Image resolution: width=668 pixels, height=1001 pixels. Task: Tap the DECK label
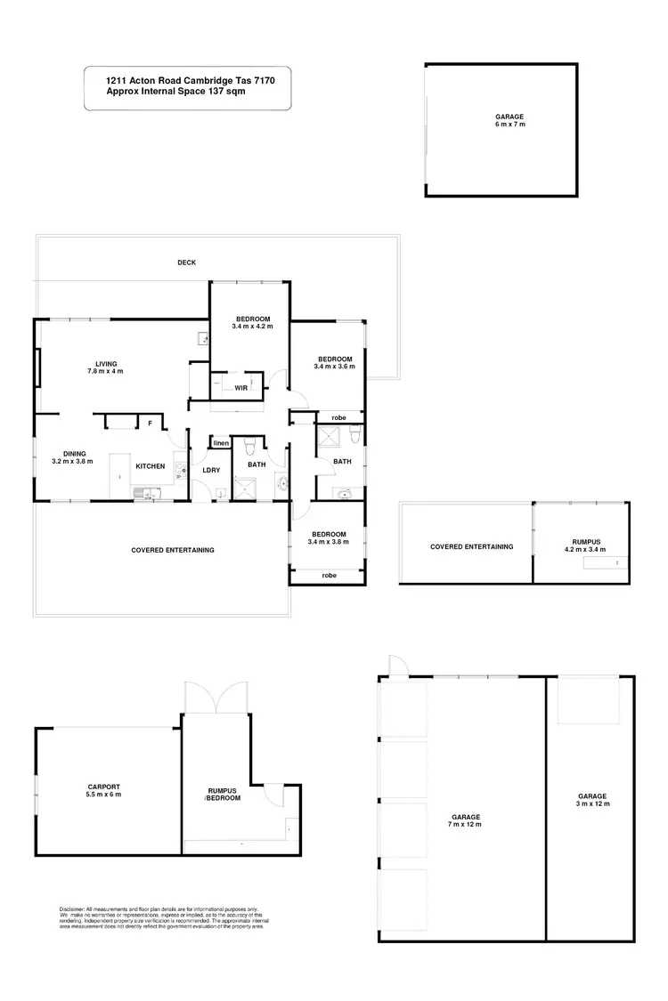pos(186,262)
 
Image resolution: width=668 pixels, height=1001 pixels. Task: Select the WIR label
pos(240,388)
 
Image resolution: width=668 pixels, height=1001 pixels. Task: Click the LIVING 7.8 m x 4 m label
pos(107,367)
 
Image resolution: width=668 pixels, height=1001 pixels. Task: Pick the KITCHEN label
pos(150,466)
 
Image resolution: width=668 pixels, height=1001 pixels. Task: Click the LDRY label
pos(211,470)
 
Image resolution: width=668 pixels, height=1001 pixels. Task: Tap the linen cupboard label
pos(221,443)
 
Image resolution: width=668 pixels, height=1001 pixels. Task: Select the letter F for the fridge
pos(151,424)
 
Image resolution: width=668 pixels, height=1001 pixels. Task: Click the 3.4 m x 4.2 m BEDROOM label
pos(252,323)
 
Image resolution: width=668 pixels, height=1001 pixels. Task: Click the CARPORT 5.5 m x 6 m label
pos(104,790)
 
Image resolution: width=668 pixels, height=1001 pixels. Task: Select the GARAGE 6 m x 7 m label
pos(509,120)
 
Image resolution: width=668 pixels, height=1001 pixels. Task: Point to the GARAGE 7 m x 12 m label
pos(465,820)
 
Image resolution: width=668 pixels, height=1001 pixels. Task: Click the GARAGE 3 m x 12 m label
pos(591,800)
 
